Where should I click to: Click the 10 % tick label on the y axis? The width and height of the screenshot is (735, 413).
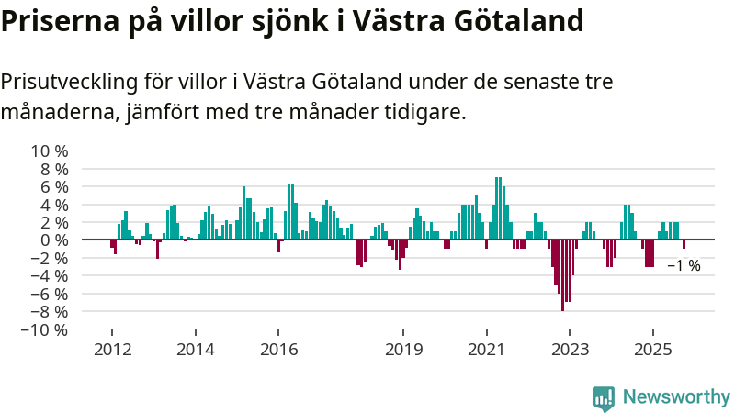[x=51, y=151]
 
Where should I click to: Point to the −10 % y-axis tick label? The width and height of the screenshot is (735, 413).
[x=45, y=329]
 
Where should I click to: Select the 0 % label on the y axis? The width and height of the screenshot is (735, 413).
[x=54, y=240]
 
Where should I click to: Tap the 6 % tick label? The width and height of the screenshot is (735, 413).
[x=54, y=186]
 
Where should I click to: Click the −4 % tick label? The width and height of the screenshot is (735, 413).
[x=50, y=275]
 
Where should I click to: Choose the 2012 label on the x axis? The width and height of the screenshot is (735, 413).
[x=111, y=350]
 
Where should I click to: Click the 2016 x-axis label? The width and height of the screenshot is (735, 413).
[x=277, y=350]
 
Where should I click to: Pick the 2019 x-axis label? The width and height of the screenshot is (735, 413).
[x=402, y=350]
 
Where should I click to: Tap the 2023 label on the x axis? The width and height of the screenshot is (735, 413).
[x=569, y=350]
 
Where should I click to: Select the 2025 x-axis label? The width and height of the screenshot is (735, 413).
[x=652, y=350]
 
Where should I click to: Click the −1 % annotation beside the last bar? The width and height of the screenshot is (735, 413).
[x=684, y=266]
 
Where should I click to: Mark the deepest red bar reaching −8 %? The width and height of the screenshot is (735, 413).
[x=562, y=275]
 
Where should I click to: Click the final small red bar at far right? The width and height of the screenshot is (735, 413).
[x=684, y=244]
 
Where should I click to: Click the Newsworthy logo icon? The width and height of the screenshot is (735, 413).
[x=604, y=397]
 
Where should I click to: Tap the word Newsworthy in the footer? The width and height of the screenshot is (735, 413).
[x=676, y=397]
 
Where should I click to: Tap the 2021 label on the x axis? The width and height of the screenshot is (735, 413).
[x=486, y=350]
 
